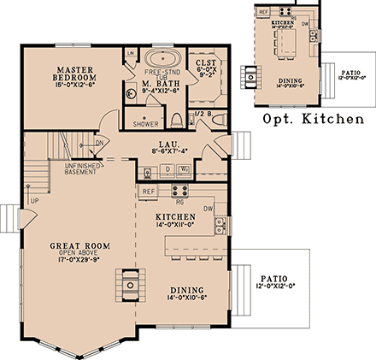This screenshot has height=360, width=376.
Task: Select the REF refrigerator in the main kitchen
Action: tap(148, 192)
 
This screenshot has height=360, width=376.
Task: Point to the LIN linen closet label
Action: tap(131, 54)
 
